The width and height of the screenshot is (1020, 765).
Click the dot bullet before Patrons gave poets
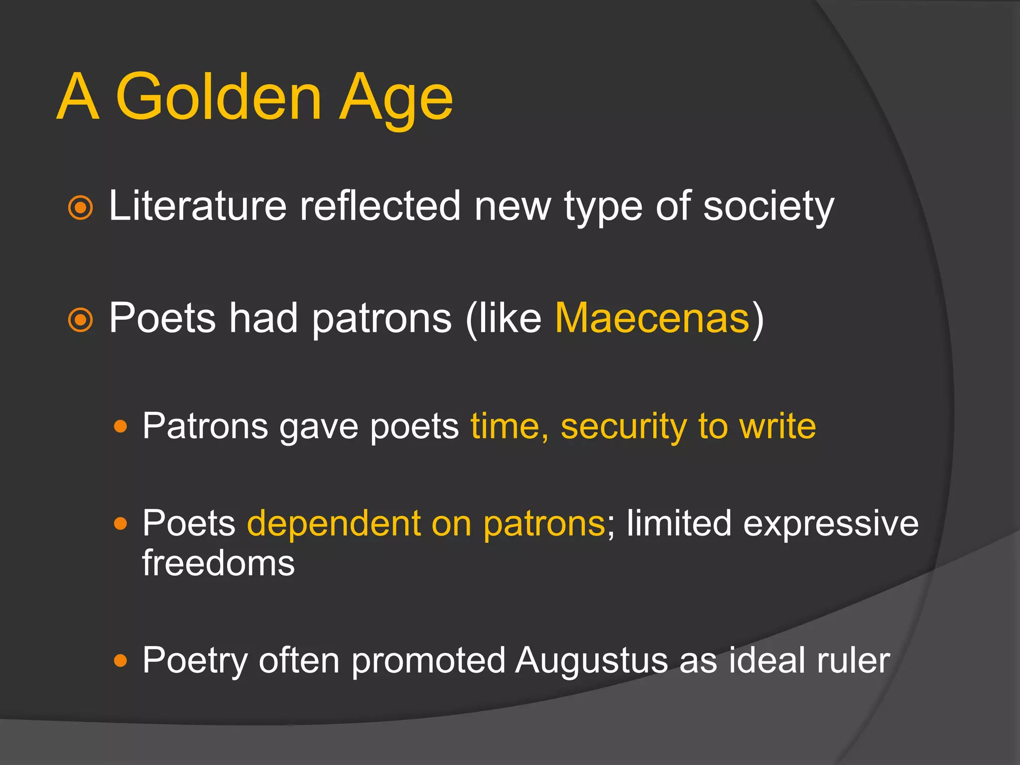pos(121,426)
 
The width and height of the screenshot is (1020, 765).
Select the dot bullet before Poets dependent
pos(121,523)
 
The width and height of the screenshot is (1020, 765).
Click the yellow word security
pos(623,427)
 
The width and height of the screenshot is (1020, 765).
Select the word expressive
pos(830,523)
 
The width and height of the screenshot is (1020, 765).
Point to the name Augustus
pos(591,661)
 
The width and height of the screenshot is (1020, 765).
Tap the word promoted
pos(428,661)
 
